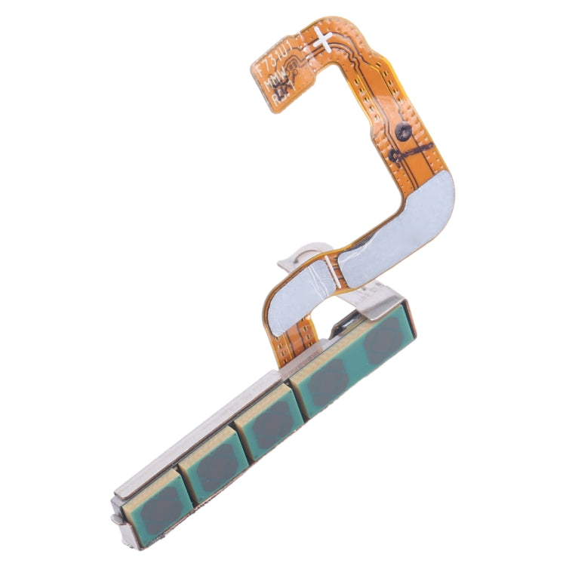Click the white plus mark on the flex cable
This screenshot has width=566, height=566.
(x=324, y=40)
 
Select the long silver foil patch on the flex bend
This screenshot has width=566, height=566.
(x=392, y=227)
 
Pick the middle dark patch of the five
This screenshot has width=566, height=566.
(x=268, y=426)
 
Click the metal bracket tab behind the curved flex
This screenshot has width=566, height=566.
(x=311, y=252)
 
